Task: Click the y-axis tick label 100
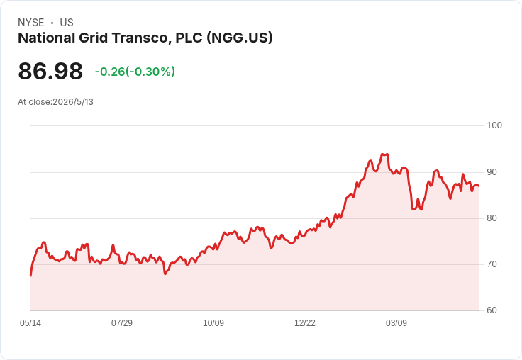(494, 125)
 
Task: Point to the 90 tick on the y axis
(492, 172)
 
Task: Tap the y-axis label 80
(492, 218)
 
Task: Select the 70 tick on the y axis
(492, 264)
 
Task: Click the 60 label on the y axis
(492, 310)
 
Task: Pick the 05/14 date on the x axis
(30, 323)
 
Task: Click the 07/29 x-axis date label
(122, 323)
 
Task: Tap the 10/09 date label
(213, 323)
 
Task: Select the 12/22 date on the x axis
(305, 323)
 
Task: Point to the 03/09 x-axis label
(396, 323)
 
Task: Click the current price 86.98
(50, 71)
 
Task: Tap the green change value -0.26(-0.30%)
(135, 72)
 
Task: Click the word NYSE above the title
(31, 23)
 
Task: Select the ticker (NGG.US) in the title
(239, 38)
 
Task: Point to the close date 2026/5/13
(73, 102)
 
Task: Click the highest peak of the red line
(384, 154)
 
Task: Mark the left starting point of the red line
(30, 276)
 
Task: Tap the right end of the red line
(479, 186)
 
